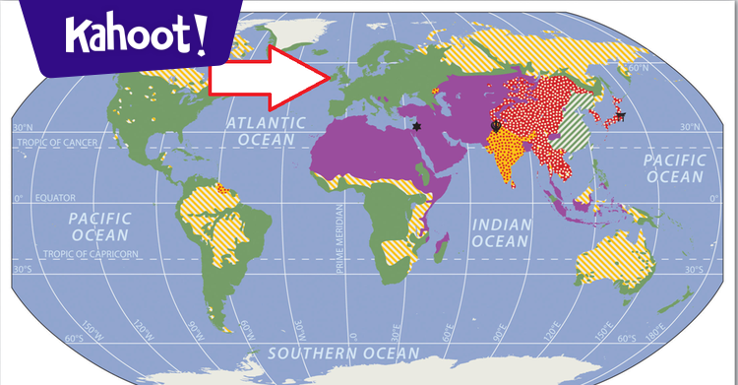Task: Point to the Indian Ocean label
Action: pyautogui.click(x=502, y=232)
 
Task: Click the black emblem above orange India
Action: pyautogui.click(x=496, y=126)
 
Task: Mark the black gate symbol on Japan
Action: pyautogui.click(x=620, y=116)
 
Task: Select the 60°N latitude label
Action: pyautogui.click(x=639, y=67)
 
